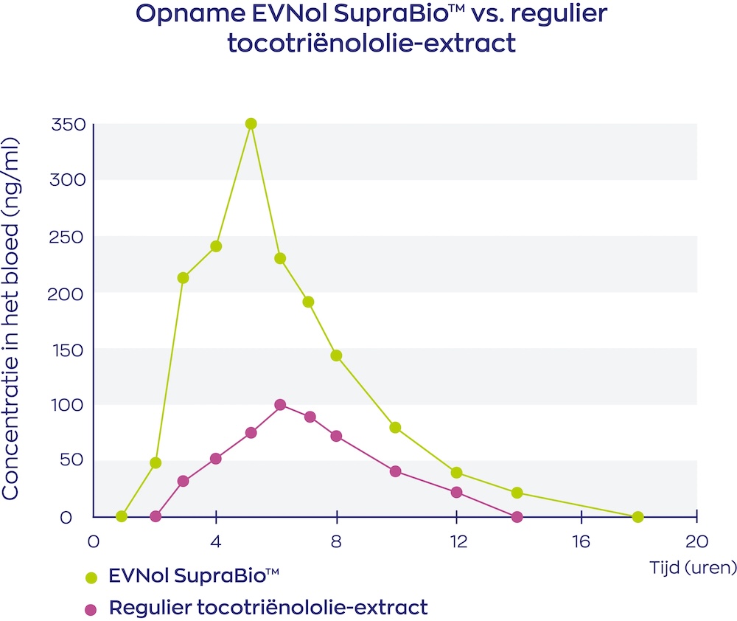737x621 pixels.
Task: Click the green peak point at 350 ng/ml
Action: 251,124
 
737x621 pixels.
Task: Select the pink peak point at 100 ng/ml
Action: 280,405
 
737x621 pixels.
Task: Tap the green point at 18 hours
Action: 638,517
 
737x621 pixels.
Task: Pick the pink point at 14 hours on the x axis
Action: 517,517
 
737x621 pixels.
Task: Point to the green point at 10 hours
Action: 395,428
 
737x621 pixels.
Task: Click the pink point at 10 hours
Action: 395,471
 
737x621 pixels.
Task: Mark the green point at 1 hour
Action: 122,516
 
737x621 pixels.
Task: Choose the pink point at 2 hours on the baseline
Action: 156,516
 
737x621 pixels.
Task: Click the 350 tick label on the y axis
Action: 69,125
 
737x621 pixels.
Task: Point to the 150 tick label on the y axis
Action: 69,349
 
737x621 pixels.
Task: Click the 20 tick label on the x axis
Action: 697,541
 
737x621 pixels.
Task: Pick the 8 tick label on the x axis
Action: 337,541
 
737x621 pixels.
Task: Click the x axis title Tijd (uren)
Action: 693,567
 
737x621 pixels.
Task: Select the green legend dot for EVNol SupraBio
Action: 91,577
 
